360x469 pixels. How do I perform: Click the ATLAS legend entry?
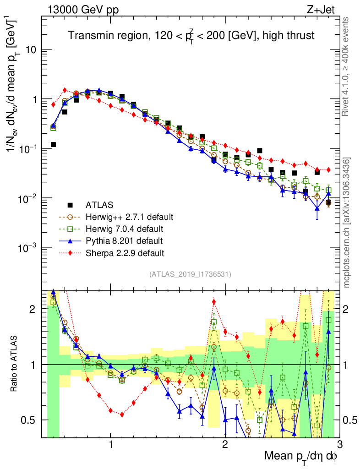(98, 204)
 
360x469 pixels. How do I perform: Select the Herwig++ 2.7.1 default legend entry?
(129, 216)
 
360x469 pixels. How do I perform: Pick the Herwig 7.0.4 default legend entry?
(125, 228)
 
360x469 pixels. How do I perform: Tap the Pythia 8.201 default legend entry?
(124, 240)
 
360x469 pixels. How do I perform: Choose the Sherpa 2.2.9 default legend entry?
(125, 252)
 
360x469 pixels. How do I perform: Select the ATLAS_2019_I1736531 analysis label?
(190, 274)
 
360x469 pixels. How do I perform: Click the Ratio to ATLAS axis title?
(15, 364)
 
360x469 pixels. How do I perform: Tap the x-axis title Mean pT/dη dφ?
(301, 456)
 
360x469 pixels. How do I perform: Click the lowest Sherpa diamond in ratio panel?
(122, 414)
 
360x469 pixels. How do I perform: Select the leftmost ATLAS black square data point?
(53, 145)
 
